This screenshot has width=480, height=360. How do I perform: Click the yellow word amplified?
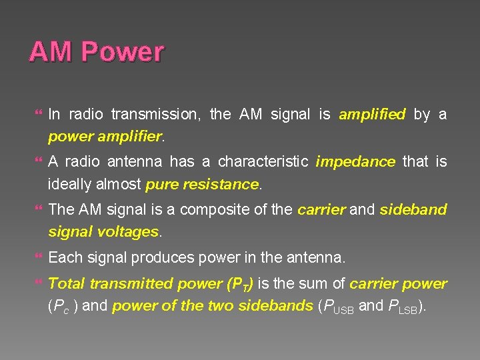[372, 115]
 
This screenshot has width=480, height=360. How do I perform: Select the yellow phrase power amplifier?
[105, 137]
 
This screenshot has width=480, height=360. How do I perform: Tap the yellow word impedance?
[355, 162]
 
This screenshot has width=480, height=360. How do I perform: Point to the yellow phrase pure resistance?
[202, 184]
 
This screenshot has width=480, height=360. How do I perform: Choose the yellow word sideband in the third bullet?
[413, 209]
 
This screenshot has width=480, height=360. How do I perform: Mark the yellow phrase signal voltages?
[104, 231]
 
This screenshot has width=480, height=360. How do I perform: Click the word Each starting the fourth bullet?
[64, 257]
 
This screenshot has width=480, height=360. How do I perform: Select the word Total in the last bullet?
[67, 284]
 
